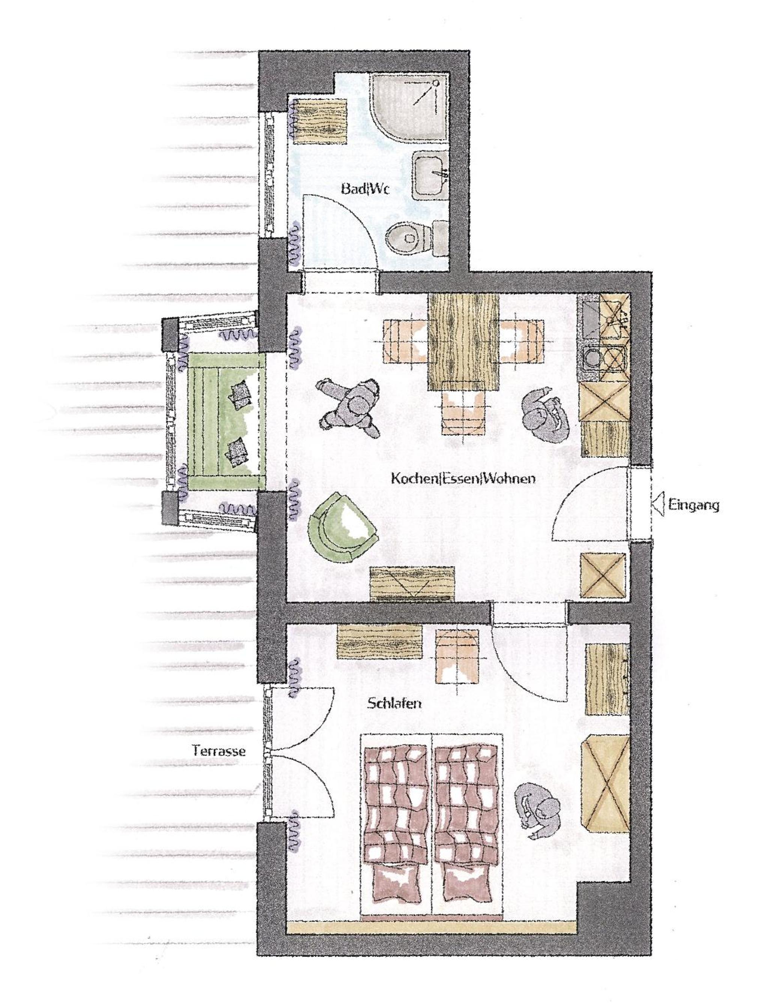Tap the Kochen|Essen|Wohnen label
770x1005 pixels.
[463, 479]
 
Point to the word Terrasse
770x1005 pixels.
[219, 751]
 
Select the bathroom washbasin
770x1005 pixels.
[430, 176]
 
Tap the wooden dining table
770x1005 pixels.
[463, 342]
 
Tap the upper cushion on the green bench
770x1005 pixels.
[241, 395]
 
